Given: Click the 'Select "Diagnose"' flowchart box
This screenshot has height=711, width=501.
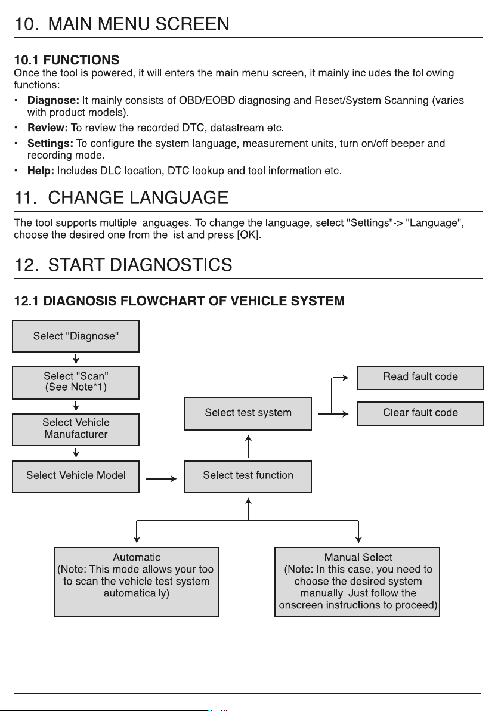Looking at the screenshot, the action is [76, 336].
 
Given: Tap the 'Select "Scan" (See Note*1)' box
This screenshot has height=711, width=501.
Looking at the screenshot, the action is [76, 383].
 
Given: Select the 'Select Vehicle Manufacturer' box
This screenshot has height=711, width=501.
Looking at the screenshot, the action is [76, 429].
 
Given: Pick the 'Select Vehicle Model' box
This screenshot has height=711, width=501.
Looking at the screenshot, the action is [76, 477].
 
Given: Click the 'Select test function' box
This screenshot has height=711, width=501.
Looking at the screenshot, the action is [248, 477].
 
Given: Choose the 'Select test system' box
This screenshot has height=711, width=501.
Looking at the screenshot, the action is [248, 413].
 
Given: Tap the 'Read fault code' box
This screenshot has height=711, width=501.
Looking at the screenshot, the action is [420, 378].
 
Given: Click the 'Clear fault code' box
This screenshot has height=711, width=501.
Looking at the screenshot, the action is [420, 413].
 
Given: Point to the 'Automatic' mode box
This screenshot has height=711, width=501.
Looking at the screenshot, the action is [137, 582].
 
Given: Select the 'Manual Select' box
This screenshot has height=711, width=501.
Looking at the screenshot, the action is [357, 582].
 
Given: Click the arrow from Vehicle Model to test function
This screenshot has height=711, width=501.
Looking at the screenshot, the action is [162, 479].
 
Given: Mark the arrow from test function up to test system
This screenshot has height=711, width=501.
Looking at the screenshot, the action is [248, 446].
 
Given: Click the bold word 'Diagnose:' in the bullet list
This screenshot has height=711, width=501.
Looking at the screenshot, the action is [53, 100].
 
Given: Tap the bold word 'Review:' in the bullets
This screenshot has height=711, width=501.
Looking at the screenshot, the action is [47, 128].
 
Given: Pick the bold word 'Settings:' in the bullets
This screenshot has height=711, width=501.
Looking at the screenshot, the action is [50, 143].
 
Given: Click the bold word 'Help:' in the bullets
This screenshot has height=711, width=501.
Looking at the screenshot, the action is [41, 171].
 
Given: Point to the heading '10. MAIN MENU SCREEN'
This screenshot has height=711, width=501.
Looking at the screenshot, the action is [122, 24].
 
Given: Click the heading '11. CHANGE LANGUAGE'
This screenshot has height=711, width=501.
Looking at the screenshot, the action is [121, 197].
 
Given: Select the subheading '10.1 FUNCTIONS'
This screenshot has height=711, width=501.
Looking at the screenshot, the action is [67, 60].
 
